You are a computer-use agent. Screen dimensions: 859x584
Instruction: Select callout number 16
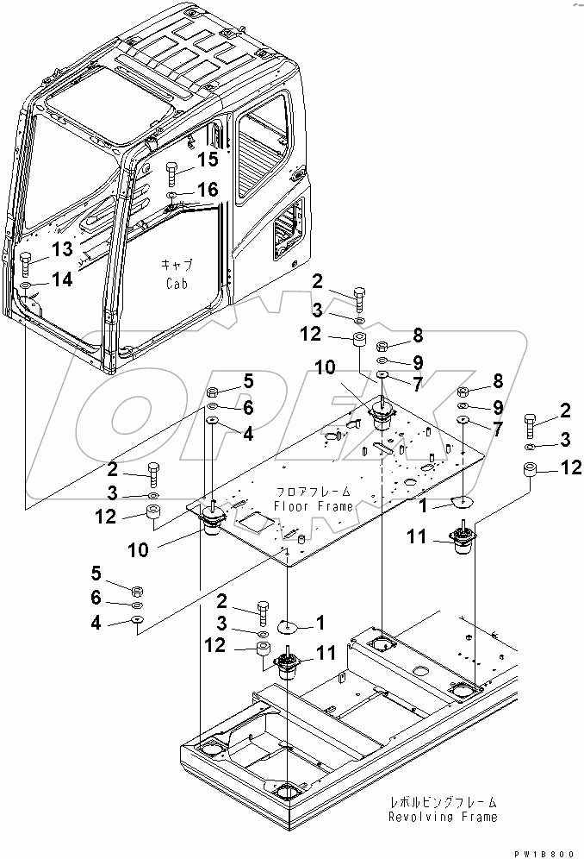pyautogui.click(x=208, y=189)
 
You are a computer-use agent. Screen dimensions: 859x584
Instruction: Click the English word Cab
pyautogui.click(x=176, y=282)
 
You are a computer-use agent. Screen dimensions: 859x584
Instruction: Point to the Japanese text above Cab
pyautogui.click(x=176, y=265)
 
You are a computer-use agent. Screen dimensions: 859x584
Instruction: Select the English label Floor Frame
pyautogui.click(x=314, y=506)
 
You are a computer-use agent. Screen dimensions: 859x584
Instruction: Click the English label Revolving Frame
pyautogui.click(x=442, y=817)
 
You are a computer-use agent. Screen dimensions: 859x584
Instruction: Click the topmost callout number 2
pyautogui.click(x=318, y=280)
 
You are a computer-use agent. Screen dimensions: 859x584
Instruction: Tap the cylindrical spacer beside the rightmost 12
pyautogui.click(x=529, y=473)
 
